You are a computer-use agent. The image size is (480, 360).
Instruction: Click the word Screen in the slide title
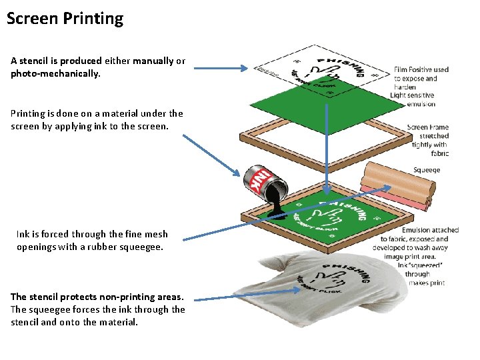point(32,18)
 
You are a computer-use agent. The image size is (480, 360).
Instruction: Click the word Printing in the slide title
point(93,18)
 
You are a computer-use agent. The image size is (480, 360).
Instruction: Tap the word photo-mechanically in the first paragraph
point(55,73)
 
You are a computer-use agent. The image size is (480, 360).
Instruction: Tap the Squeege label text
point(427,170)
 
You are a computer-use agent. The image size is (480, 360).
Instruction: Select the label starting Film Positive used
point(421,69)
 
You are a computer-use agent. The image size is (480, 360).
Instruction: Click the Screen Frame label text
point(428,127)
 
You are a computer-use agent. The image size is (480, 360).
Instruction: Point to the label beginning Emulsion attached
point(430,231)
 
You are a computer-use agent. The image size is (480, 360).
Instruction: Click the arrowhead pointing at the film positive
point(243,69)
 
